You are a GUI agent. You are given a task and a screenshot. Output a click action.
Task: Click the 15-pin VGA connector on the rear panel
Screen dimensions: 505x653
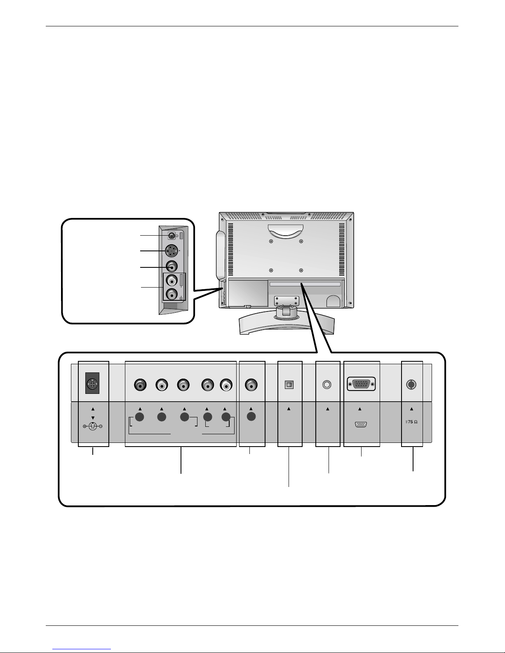pos(361,384)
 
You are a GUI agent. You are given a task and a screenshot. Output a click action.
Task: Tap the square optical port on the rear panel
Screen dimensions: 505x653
pos(289,385)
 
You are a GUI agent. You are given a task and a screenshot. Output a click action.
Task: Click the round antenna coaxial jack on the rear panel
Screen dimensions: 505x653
pos(411,384)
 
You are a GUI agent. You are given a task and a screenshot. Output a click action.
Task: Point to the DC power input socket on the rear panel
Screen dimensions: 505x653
pos(92,384)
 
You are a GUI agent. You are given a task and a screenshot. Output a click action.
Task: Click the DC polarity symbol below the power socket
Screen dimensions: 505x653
pos(93,426)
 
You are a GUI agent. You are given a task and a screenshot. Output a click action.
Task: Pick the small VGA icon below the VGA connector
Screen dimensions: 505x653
pos(361,425)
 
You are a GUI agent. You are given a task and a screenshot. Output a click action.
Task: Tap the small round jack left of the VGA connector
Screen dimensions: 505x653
pos(327,384)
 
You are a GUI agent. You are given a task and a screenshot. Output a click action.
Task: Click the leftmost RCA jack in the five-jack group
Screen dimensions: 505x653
pos(140,385)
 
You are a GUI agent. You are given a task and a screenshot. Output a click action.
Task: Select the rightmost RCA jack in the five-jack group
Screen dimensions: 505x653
pos(226,385)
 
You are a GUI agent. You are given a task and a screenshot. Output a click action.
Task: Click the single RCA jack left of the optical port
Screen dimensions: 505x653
pos(251,385)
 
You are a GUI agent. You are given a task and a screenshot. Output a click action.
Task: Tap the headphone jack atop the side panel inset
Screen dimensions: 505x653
pos(171,236)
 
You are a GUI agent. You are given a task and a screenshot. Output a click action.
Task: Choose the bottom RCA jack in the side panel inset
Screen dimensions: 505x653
pos(171,295)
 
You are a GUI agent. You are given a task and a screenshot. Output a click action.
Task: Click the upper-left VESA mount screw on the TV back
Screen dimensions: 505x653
pos(271,241)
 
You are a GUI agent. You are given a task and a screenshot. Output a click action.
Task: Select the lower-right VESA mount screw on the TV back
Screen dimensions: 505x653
pos(301,270)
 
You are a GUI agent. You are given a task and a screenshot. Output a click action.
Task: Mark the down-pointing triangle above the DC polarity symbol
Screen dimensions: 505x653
pos(93,418)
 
